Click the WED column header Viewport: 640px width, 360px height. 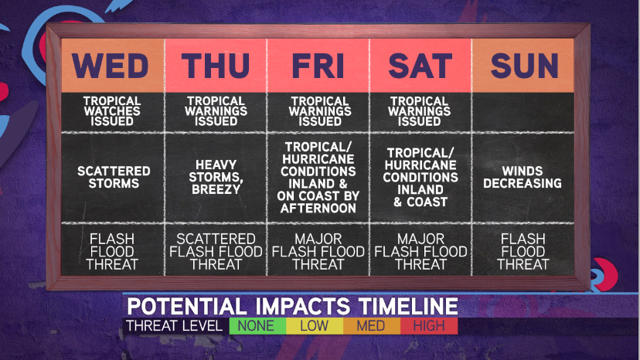pos(113,66)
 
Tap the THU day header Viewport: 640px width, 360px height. pos(216,66)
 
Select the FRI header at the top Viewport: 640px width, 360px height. pos(318,66)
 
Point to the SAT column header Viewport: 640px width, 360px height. pos(420,66)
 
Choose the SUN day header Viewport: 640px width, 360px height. pos(523,66)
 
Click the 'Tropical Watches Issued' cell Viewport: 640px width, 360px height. pos(112,111)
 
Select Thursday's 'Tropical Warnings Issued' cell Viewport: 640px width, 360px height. pos(216,111)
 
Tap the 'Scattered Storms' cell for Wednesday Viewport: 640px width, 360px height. pos(114,178)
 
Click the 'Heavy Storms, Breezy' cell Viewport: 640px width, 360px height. pos(216,178)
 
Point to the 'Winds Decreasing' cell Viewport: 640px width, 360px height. pos(523,178)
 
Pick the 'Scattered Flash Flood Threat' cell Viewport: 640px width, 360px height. pos(216,250)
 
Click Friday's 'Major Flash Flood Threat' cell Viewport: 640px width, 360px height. pos(318,250)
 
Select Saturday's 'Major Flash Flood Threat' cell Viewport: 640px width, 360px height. pos(420,250)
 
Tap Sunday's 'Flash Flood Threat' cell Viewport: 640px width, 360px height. pos(523,250)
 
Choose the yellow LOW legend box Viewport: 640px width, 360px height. pos(315,326)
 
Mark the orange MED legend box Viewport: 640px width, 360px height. pos(372,326)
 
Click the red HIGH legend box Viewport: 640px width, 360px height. pos(429,326)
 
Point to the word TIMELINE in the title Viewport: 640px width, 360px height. pos(408,306)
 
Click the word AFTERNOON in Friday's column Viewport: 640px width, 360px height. pos(318,208)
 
